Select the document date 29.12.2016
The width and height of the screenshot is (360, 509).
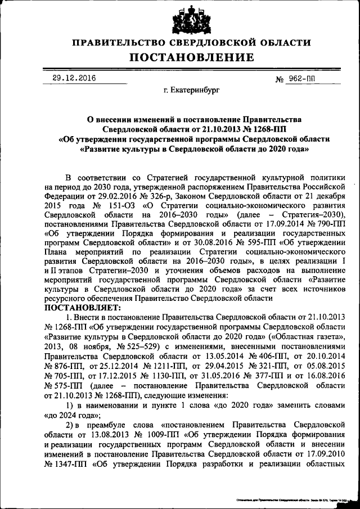tap(73, 79)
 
